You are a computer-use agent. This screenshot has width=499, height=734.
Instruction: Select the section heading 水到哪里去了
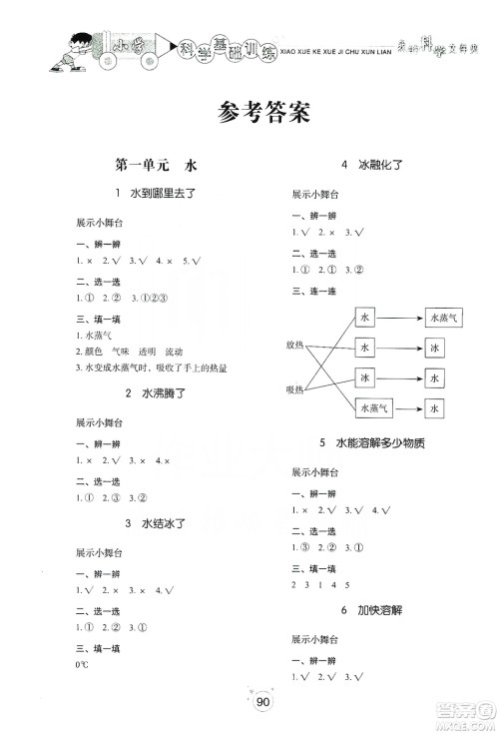159,193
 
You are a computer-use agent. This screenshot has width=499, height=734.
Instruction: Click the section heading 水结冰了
159,524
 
